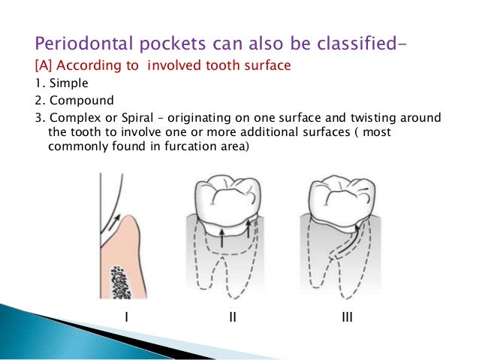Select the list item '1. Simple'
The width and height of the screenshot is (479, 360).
(59, 82)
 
